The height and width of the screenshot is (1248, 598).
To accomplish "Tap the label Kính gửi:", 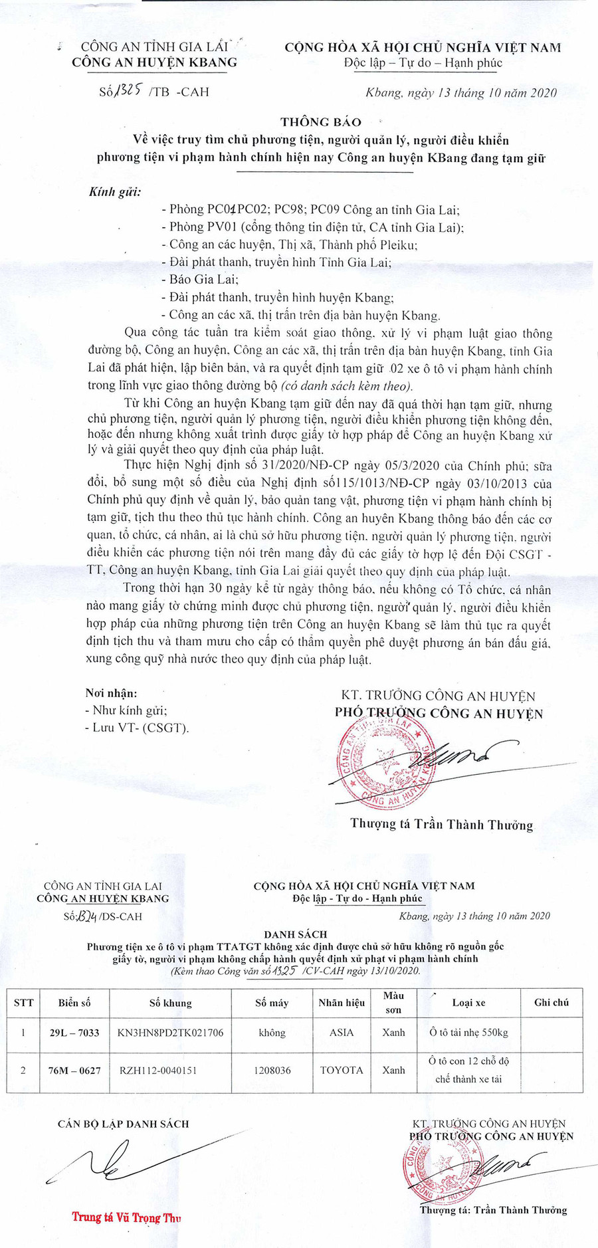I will click(x=115, y=193).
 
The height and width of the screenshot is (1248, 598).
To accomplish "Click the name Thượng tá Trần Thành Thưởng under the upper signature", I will click(x=442, y=825).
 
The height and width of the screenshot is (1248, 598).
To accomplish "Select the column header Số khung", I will click(x=171, y=1003).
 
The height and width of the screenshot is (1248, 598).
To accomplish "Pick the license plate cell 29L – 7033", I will click(x=74, y=1033).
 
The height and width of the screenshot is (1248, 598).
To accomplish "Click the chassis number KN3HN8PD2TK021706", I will click(x=170, y=1033).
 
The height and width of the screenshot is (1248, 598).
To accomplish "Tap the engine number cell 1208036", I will click(x=272, y=1071).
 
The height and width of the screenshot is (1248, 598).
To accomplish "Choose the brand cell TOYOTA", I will click(x=342, y=1071).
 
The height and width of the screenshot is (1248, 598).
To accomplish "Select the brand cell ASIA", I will click(x=342, y=1033).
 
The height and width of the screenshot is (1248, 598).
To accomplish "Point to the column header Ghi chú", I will click(x=551, y=1003).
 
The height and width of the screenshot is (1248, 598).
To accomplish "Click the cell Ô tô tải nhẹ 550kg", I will click(x=469, y=1033).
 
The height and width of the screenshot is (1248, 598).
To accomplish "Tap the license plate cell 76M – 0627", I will click(x=74, y=1071).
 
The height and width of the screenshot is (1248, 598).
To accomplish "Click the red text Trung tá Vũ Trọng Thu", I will click(x=127, y=1217).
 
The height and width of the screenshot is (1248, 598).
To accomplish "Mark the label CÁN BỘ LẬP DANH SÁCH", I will click(x=123, y=1124).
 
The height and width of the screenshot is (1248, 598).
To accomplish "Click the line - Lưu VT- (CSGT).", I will click(x=137, y=728).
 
